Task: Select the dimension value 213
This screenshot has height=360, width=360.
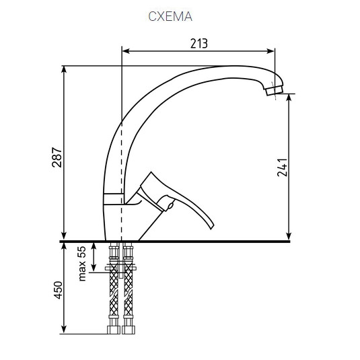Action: pos(199,44)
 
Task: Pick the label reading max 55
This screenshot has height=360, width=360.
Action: pos(83,263)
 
